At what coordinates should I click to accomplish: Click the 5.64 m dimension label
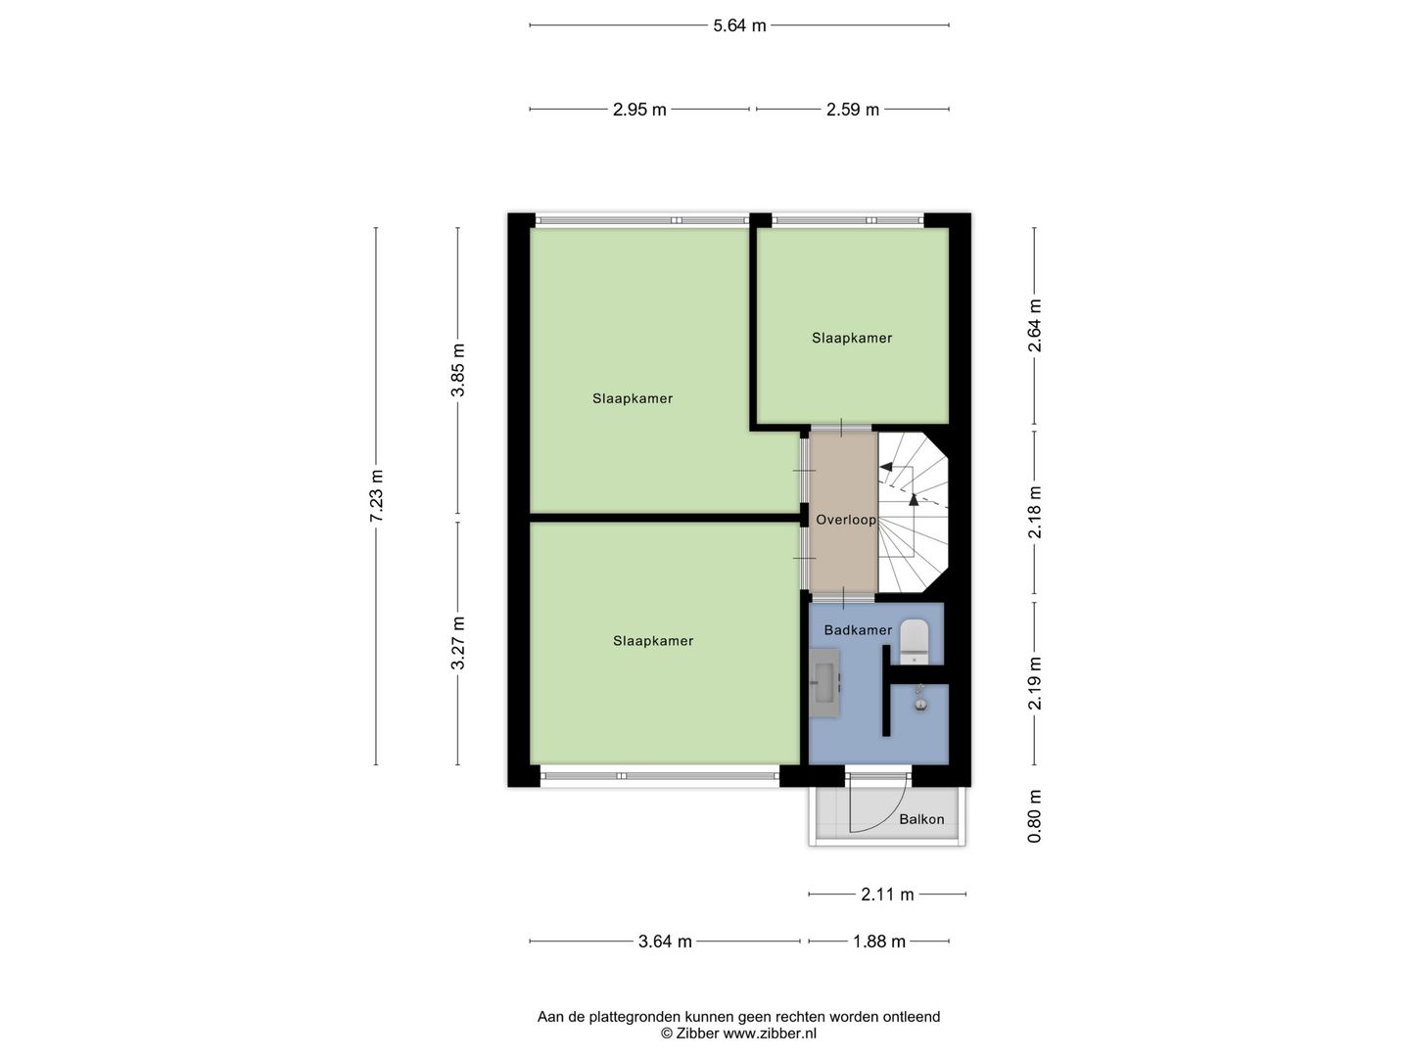coord(739,25)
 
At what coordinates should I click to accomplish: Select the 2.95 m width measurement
coord(639,110)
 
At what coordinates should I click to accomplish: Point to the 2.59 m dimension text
coord(852,110)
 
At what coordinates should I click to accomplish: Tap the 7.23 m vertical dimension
coord(376,495)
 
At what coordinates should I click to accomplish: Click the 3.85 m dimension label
coord(457,370)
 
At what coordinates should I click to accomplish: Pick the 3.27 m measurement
coord(457,643)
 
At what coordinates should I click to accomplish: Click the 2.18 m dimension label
coord(1035,511)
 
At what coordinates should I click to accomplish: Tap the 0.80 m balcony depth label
coord(1035,816)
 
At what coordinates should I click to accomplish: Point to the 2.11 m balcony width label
coord(887,894)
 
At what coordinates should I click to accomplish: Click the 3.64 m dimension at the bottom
coord(665,942)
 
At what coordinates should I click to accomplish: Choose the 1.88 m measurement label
coord(878,942)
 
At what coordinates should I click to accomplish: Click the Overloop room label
coord(846,520)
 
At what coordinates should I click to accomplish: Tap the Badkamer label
coord(858,630)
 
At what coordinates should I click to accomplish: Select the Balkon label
coord(921,819)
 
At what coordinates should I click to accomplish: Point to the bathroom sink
coord(823,682)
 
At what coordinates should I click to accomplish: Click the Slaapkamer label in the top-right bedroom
coord(852,338)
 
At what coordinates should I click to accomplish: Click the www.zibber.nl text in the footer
coord(770,1033)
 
